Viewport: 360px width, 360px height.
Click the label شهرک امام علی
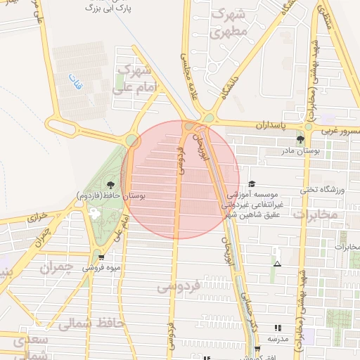135,79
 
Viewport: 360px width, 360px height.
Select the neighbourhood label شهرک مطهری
229,23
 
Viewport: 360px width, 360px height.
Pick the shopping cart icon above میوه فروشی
101,257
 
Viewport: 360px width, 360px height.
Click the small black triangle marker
278,264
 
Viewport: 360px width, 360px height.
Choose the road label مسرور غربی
337,131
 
